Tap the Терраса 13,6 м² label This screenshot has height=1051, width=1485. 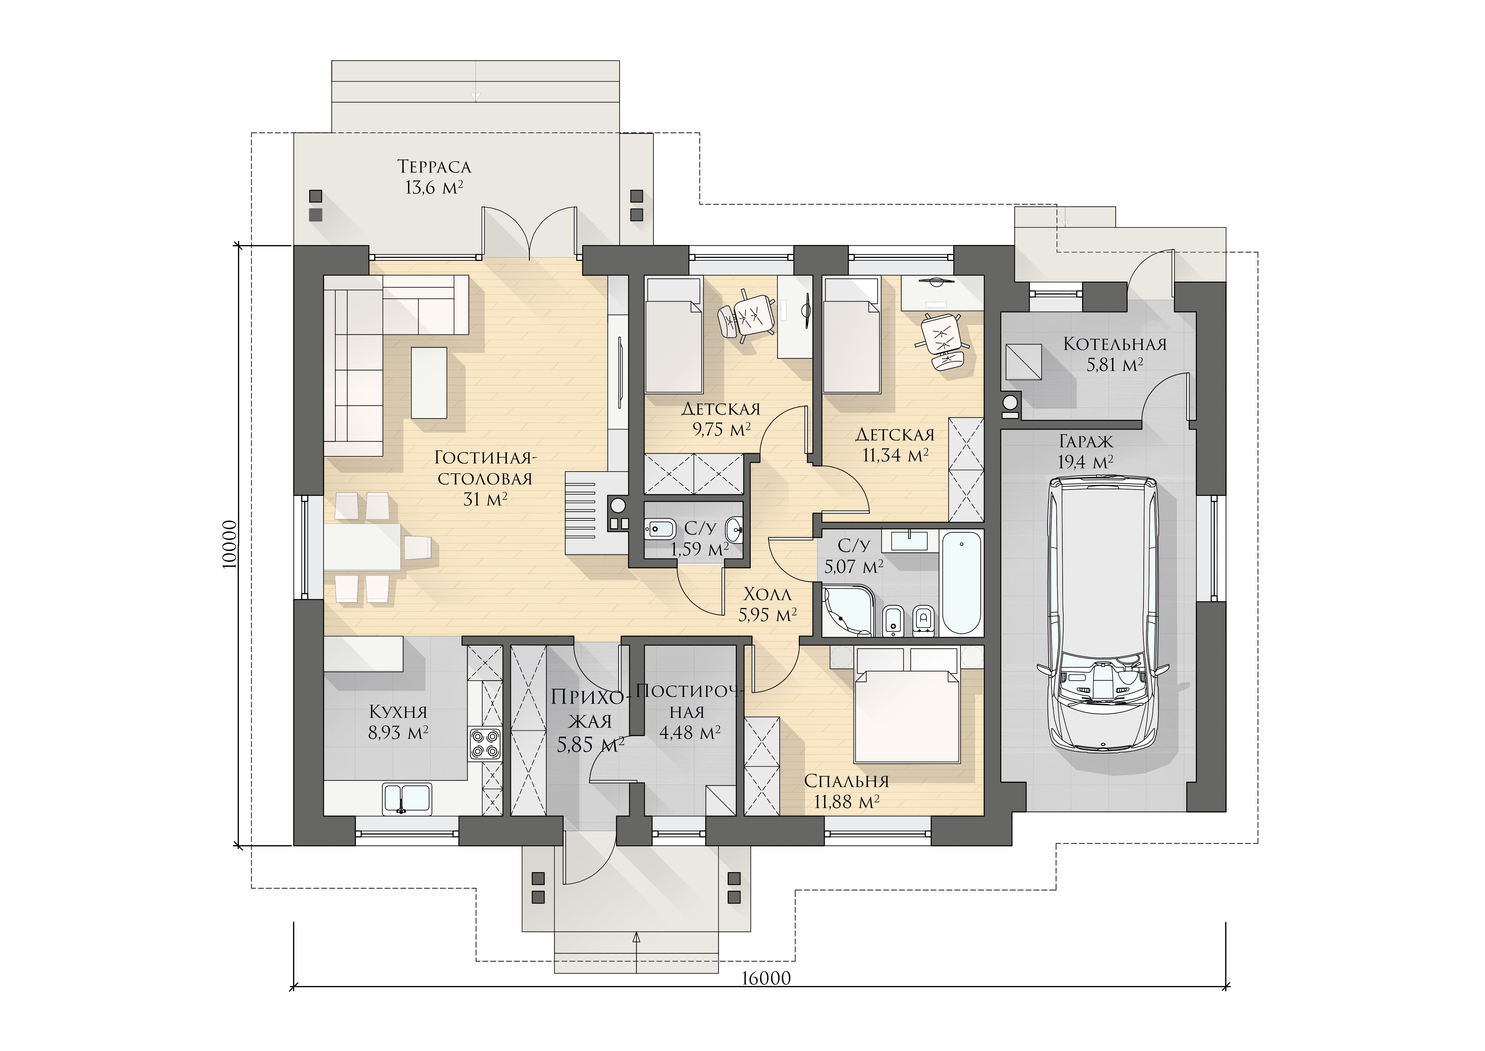pyautogui.click(x=434, y=177)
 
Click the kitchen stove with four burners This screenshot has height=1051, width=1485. pyautogui.click(x=485, y=744)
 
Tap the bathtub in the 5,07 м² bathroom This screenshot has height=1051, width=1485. pyautogui.click(x=962, y=582)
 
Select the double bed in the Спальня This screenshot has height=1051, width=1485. pyautogui.click(x=906, y=706)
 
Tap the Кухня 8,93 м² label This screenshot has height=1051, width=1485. pyautogui.click(x=398, y=722)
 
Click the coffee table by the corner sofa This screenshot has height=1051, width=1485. pyautogui.click(x=429, y=383)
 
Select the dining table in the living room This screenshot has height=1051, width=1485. pyautogui.click(x=362, y=547)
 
